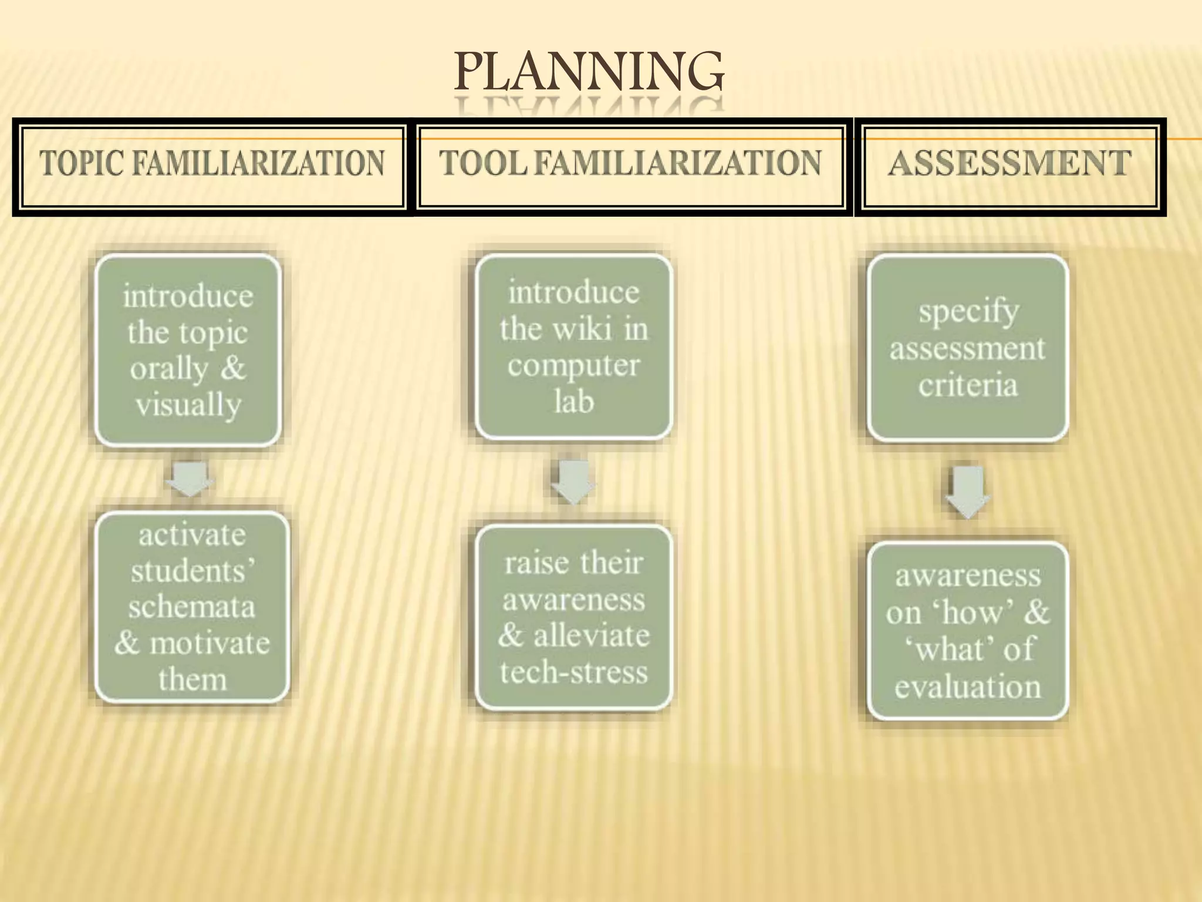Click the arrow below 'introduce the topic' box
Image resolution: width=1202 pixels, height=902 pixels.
click(x=189, y=477)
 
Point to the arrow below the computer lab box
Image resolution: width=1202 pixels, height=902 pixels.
click(x=573, y=480)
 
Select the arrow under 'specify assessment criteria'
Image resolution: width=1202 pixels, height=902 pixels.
click(x=967, y=491)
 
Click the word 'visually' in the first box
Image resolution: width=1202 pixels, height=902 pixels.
click(x=188, y=405)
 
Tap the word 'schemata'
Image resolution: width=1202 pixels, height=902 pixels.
click(x=192, y=607)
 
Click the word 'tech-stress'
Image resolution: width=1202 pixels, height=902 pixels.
click(x=573, y=672)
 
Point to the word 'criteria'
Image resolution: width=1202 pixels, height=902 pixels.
click(x=968, y=385)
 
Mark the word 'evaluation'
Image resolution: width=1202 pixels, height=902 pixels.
click(x=968, y=686)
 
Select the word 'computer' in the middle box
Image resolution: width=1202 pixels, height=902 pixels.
click(x=573, y=366)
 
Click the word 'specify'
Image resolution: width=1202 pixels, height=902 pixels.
click(x=969, y=311)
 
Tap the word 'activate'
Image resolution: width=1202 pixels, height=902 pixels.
click(x=192, y=535)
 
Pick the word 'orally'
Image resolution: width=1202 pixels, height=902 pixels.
click(x=170, y=369)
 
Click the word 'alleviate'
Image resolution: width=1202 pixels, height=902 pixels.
click(x=592, y=635)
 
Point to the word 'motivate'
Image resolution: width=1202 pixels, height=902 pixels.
click(x=210, y=643)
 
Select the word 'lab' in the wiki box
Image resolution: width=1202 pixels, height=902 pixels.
click(x=573, y=402)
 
